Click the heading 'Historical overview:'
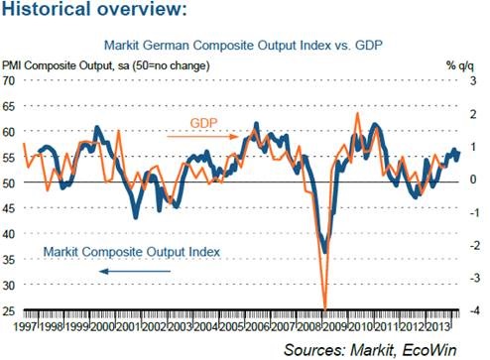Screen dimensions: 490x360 coord(94,8)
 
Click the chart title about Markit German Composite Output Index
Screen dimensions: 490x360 coord(243,45)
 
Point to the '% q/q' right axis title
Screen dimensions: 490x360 coord(460,65)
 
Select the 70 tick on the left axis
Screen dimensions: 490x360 coord(9,80)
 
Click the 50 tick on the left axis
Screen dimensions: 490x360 coord(9,182)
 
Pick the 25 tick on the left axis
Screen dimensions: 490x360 coord(9,310)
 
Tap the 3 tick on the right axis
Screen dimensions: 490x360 coord(473,80)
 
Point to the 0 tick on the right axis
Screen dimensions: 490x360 coord(473,180)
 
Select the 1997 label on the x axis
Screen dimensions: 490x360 coord(26,327)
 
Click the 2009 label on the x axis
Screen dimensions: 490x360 coord(334,327)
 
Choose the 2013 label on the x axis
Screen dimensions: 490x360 coord(437,327)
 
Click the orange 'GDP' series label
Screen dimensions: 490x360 coord(204,123)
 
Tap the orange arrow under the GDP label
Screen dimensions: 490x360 coord(202,136)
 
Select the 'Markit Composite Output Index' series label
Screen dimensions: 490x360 coord(132,252)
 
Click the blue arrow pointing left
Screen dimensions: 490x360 coord(135,272)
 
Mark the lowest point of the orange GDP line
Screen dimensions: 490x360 coord(325,309)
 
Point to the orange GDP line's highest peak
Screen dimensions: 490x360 coord(357,113)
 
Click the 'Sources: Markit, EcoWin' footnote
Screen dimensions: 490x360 coord(370,350)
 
